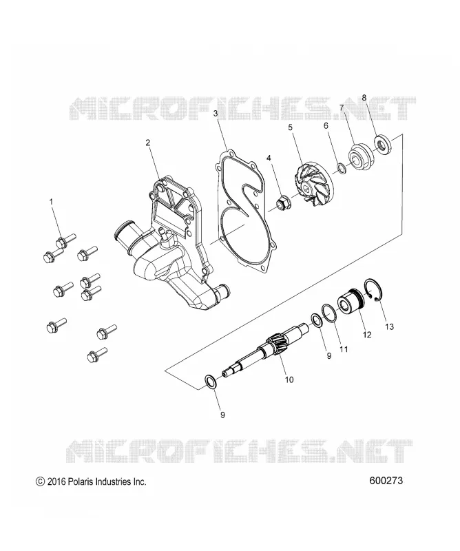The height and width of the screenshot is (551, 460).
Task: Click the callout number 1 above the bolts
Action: coord(51,202)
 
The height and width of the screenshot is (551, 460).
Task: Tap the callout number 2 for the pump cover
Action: coord(148,143)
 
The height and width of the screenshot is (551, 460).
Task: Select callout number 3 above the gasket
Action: coord(216,113)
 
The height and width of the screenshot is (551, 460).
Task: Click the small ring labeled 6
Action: coord(341,168)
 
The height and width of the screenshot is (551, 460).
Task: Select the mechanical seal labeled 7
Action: coord(359,157)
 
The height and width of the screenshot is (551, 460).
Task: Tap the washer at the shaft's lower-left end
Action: coord(210,382)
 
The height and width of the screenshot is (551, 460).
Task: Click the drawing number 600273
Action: coord(386,480)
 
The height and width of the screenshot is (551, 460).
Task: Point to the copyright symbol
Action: coord(40,481)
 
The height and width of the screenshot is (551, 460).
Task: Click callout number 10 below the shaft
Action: coord(289,380)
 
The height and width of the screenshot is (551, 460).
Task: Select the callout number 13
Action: coord(389,326)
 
